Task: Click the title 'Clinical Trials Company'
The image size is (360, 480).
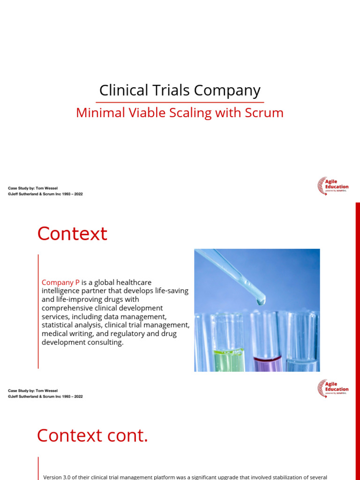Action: [180, 90]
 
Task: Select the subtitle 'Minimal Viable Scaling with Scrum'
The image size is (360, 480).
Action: [180, 113]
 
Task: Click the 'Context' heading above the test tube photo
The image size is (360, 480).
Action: [72, 233]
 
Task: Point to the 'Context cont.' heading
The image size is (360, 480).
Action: [92, 435]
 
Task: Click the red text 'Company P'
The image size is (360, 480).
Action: [60, 282]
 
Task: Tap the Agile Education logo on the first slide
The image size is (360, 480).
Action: [333, 186]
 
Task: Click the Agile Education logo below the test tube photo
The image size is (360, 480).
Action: [333, 389]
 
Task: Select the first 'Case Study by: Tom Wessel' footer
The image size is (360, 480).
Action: [33, 188]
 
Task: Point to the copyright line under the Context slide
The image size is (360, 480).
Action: [45, 396]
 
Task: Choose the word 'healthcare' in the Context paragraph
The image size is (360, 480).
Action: [131, 282]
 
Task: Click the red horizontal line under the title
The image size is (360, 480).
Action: [180, 102]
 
